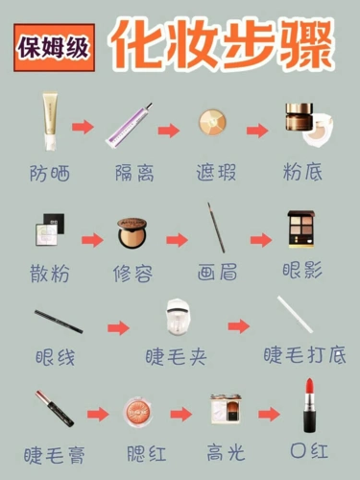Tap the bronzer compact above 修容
point(132,233)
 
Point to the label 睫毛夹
point(175,357)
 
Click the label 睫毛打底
point(305,356)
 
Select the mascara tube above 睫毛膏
point(55,408)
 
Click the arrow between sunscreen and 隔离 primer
point(84,127)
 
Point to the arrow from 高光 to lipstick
point(269,415)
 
